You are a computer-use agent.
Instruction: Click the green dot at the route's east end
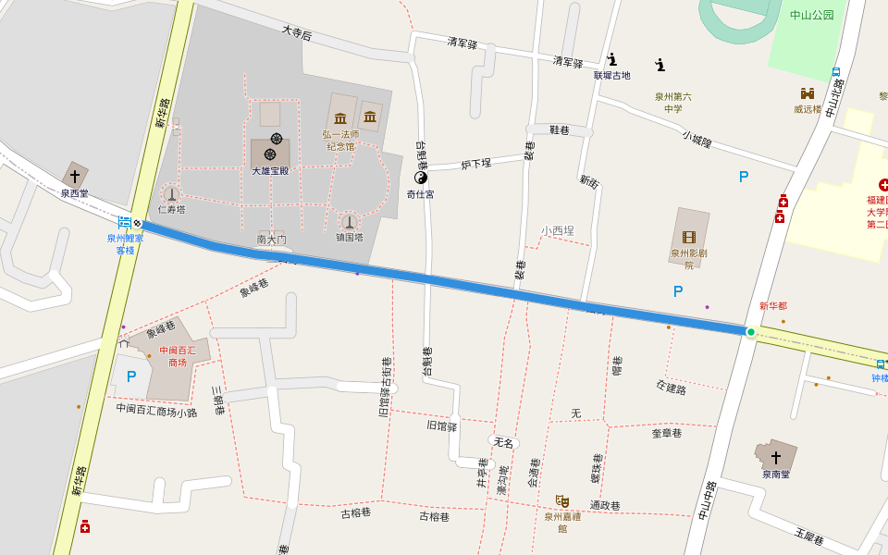click(751, 332)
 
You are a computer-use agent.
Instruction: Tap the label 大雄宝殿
click(270, 171)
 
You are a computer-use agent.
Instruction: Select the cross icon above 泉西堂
click(75, 176)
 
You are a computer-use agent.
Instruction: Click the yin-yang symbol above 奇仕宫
click(421, 178)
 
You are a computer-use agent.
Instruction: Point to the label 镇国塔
click(350, 238)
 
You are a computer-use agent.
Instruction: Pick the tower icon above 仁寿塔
click(171, 194)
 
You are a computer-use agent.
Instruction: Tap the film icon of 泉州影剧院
click(689, 238)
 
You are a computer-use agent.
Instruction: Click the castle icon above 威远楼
click(808, 93)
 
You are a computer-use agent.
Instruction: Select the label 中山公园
click(812, 15)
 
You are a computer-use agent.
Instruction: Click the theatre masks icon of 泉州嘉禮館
click(561, 501)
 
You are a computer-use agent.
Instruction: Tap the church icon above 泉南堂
click(776, 458)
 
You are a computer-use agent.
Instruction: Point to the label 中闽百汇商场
click(178, 356)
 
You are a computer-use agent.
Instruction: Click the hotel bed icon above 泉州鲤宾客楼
click(124, 223)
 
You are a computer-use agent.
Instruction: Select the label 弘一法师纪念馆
click(340, 140)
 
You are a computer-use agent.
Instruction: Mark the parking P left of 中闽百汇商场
click(131, 376)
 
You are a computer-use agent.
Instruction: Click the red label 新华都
click(772, 306)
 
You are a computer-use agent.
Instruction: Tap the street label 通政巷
click(605, 506)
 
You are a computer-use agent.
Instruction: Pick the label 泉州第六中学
click(672, 103)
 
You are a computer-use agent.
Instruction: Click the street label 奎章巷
click(666, 433)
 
